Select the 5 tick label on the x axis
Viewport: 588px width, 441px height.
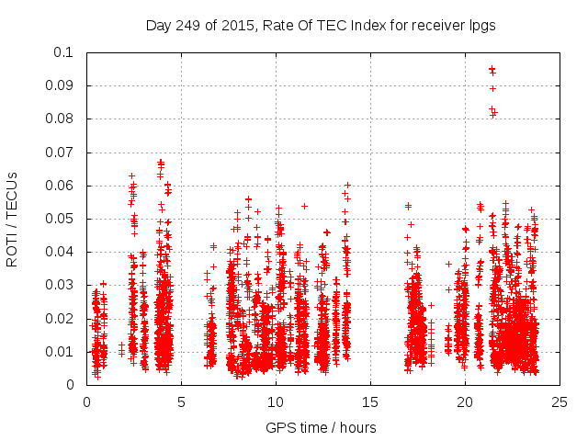tap(181, 401)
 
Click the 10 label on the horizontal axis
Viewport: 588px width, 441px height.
tap(276, 401)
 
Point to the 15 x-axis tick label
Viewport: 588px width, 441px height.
tap(370, 401)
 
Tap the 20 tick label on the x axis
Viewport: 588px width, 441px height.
tap(465, 401)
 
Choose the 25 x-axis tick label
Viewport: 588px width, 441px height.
tap(560, 401)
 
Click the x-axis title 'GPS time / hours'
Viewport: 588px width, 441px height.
tap(321, 427)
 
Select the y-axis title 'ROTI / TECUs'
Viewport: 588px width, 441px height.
tap(13, 219)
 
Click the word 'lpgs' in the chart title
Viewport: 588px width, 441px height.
tap(481, 26)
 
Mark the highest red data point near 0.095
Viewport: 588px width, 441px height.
tap(492, 69)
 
